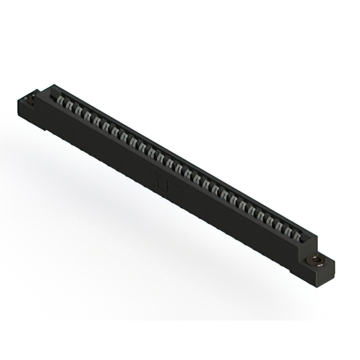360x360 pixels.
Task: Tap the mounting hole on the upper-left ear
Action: pos(31,102)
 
